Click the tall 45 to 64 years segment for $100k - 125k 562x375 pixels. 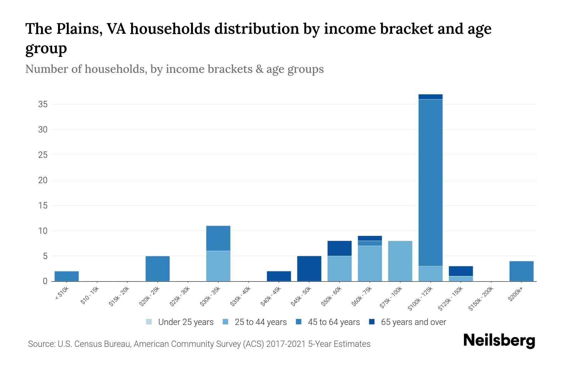(430, 182)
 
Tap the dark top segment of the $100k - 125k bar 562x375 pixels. (430, 97)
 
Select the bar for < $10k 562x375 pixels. (67, 276)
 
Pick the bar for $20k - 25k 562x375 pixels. (158, 269)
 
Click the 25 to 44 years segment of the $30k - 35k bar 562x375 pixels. (218, 266)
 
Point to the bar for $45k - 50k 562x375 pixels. (309, 269)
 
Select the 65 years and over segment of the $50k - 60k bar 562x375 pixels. (339, 248)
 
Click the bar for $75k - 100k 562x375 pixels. (400, 261)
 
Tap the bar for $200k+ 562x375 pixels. (521, 271)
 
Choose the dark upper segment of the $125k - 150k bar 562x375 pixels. (461, 271)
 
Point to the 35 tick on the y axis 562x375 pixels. (43, 104)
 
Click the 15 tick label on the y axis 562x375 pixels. (43, 206)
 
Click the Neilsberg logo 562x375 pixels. (499, 341)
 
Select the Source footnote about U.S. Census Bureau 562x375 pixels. (199, 344)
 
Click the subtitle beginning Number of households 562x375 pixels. (174, 69)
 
